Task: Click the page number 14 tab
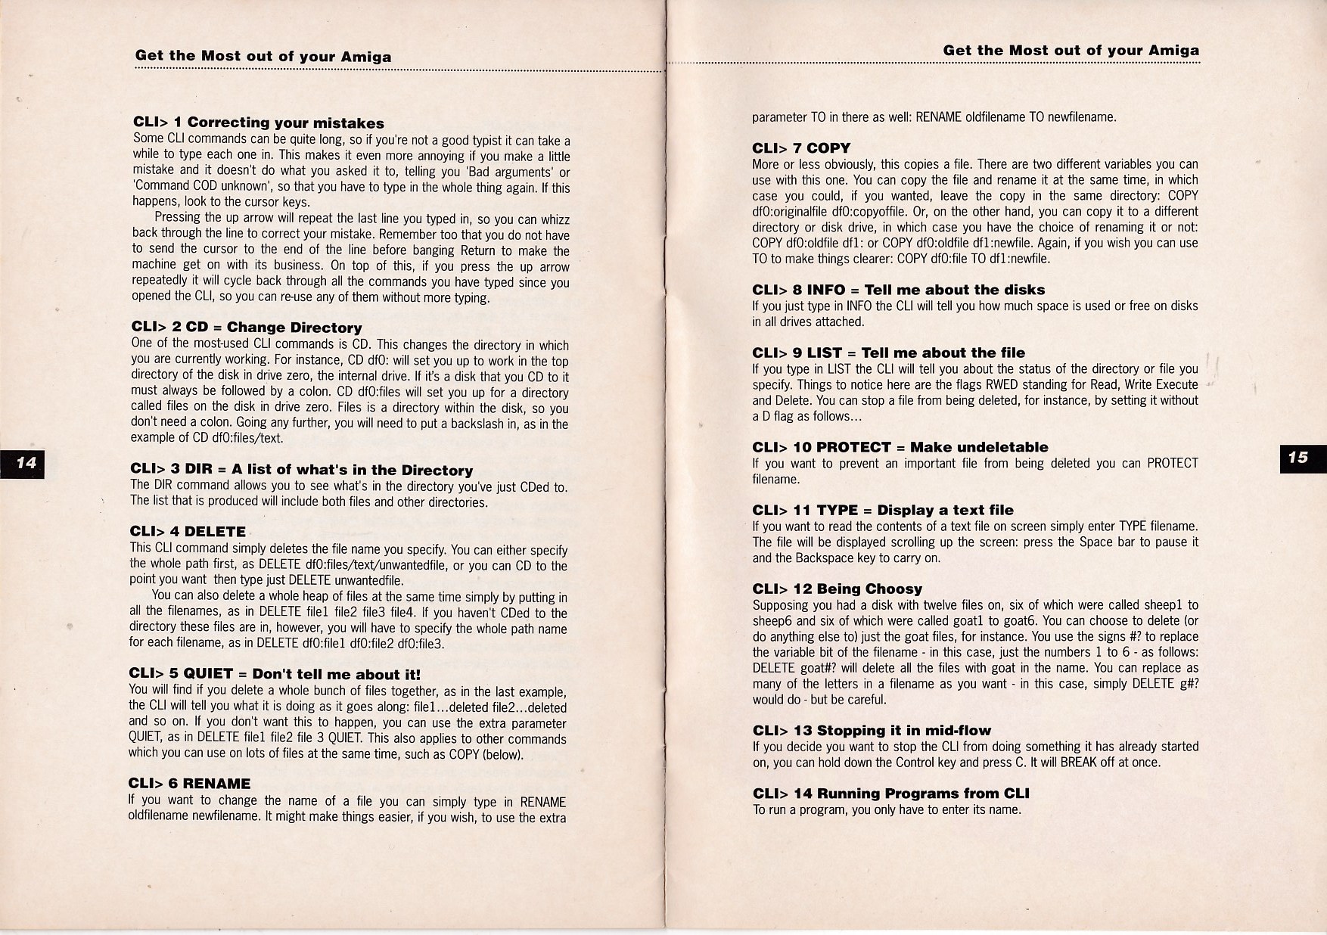click(26, 463)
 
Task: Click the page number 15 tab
click(1298, 458)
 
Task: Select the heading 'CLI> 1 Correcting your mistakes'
click(258, 123)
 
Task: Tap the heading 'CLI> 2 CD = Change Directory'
click(247, 327)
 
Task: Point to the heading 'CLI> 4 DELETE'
click(188, 531)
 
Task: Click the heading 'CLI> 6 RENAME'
click(189, 783)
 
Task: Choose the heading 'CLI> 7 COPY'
click(801, 148)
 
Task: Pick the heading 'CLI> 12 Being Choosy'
click(837, 589)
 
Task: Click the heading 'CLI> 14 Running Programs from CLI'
click(890, 793)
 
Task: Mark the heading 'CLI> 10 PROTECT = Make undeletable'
click(900, 447)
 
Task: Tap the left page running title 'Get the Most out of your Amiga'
click(263, 56)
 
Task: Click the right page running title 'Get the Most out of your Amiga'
click(1071, 51)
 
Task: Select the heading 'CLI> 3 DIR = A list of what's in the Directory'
click(301, 470)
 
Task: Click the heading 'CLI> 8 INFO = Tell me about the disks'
click(898, 289)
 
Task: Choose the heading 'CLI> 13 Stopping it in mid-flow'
click(872, 730)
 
